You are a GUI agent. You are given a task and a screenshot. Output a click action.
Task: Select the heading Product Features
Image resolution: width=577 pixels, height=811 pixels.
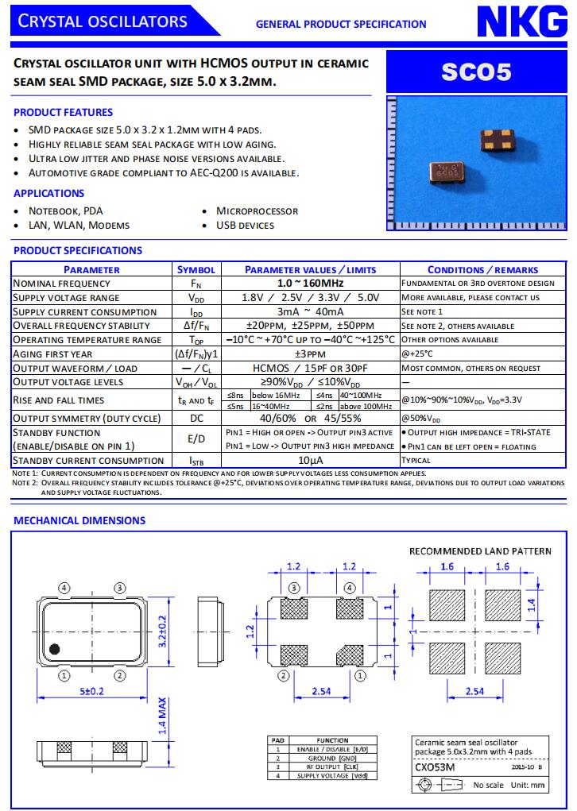click(64, 112)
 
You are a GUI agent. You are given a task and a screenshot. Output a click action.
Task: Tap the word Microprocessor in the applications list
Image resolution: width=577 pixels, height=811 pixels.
click(258, 210)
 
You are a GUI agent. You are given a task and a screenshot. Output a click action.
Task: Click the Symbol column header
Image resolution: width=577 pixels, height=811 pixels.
click(196, 269)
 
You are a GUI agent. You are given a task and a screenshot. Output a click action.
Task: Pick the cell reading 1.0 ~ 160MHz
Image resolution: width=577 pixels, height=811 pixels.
click(310, 284)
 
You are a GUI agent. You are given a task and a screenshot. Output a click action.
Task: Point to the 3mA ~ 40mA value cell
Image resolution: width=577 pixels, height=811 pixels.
click(310, 311)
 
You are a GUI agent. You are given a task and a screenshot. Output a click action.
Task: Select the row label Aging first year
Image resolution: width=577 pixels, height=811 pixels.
click(53, 354)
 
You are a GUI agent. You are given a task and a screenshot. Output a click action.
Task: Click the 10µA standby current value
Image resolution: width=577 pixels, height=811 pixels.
click(310, 461)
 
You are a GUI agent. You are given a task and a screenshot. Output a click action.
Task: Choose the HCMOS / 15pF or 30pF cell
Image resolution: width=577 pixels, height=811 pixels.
click(310, 369)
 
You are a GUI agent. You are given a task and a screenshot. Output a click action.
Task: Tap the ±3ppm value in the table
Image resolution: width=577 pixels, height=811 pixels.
click(310, 354)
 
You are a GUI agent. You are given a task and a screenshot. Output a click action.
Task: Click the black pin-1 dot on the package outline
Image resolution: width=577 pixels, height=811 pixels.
click(55, 647)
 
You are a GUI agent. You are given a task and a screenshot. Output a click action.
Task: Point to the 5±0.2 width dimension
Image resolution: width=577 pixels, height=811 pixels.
click(91, 692)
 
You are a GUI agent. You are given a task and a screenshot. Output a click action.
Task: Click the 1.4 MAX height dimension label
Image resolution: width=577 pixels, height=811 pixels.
click(162, 716)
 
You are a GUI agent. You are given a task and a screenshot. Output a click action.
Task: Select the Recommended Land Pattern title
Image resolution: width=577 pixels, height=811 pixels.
click(480, 550)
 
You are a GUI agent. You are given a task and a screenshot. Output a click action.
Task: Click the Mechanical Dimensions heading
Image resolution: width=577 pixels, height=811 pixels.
click(79, 520)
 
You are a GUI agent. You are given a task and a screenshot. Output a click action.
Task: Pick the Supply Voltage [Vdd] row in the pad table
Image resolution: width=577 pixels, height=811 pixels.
click(332, 775)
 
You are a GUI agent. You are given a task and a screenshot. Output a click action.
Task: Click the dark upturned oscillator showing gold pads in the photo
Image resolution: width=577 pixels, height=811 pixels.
click(497, 141)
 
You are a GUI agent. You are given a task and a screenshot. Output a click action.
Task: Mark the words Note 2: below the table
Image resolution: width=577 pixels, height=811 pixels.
click(25, 483)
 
